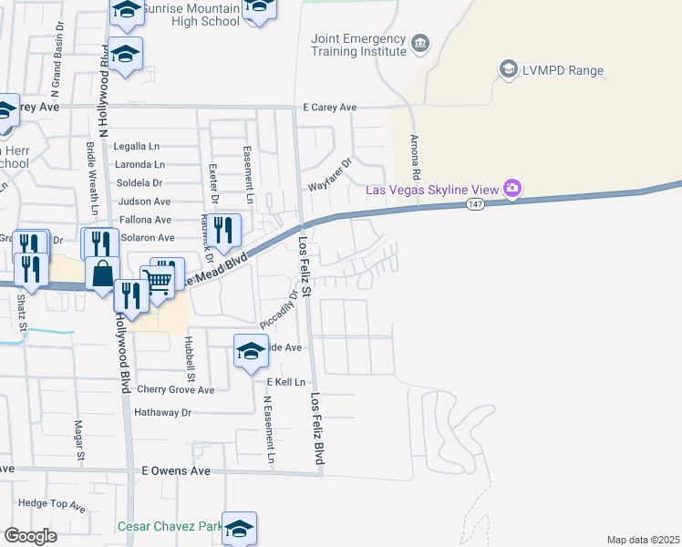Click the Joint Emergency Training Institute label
(356, 46)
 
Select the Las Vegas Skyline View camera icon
(512, 189)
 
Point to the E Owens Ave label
(176, 471)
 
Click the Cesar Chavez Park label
(169, 527)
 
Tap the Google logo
(30, 536)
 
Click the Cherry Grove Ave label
(175, 389)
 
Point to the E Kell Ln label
(285, 382)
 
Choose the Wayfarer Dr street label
(329, 175)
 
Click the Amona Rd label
(415, 157)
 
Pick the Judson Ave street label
(144, 201)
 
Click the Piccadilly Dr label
(279, 311)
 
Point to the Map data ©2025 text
(643, 540)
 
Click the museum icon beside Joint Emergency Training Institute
(419, 42)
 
